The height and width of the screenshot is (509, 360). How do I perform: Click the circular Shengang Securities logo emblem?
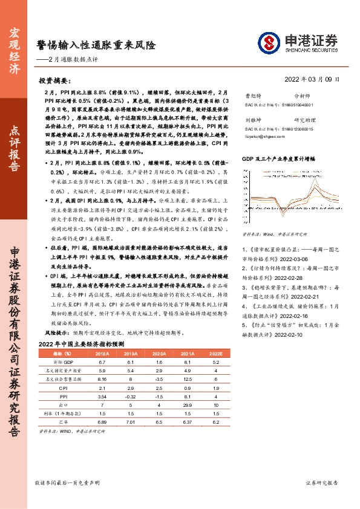[x=269, y=42]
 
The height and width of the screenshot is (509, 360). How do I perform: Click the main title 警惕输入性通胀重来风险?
[x=96, y=45]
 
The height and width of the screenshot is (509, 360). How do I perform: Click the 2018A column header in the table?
[x=102, y=352]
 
